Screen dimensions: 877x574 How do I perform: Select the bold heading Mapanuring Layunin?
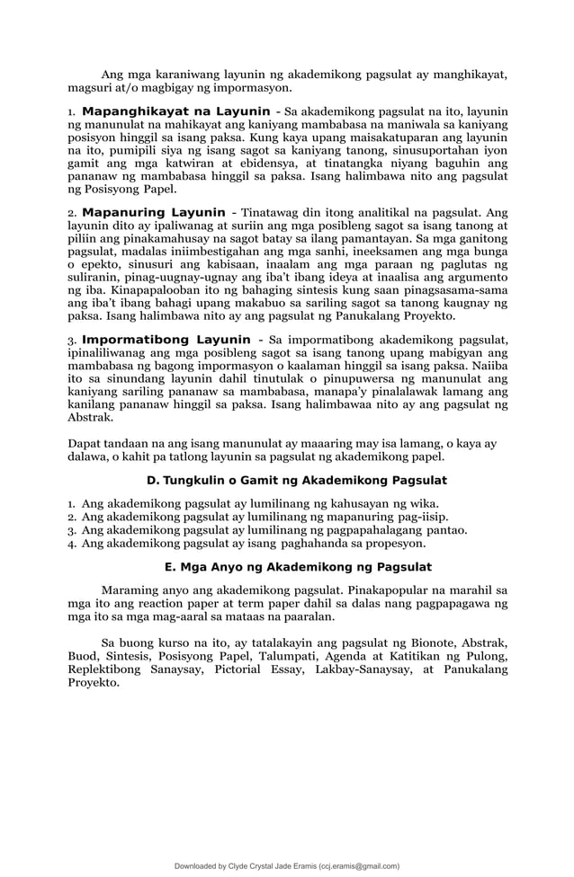coord(154,212)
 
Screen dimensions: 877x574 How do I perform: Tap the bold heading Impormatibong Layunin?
coord(166,339)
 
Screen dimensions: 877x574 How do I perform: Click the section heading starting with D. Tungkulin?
coord(297,479)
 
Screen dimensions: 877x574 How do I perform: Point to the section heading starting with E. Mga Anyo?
coord(299,567)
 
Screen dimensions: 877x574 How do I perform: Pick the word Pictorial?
coord(246,669)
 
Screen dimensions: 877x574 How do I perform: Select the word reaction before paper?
coord(181,605)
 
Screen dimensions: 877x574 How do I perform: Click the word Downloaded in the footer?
coord(199,866)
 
